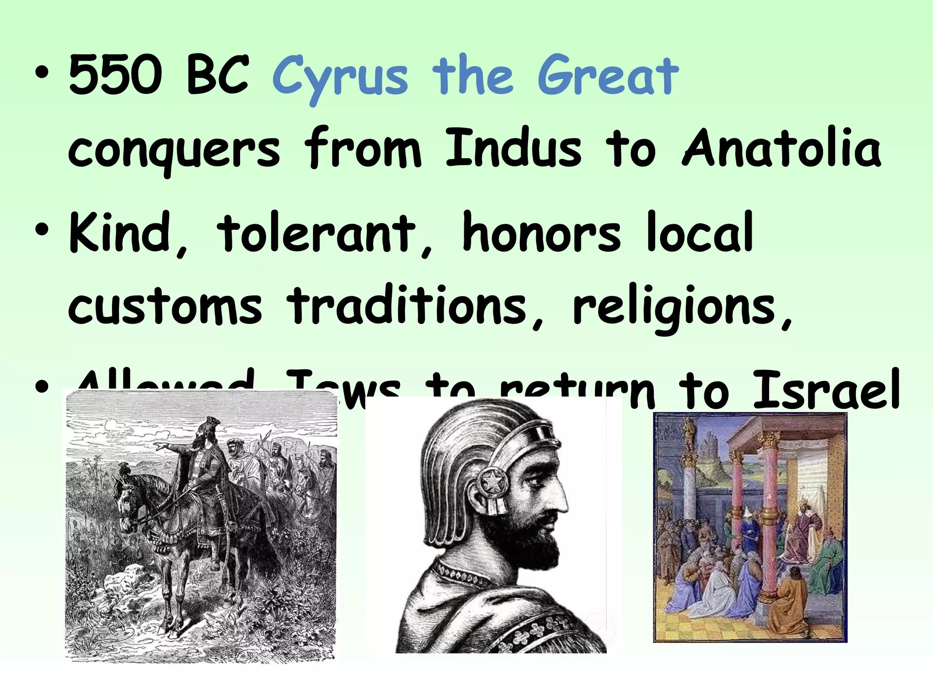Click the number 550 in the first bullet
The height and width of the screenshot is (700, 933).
click(115, 75)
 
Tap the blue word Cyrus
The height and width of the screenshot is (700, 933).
click(339, 77)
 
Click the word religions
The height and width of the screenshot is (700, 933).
click(674, 308)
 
